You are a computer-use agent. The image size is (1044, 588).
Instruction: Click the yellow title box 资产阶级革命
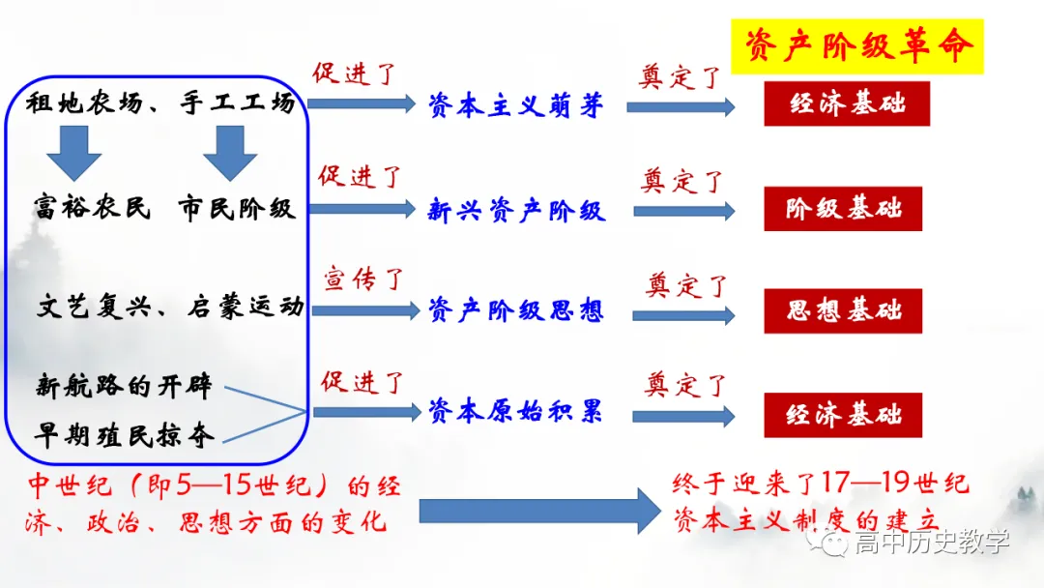pos(856,45)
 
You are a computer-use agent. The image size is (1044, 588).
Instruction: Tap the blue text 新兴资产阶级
pos(516,210)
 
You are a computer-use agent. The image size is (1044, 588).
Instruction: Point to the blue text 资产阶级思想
pos(516,310)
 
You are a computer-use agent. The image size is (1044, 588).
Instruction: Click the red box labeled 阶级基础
pos(843,209)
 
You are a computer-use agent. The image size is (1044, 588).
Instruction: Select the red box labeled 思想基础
pos(843,310)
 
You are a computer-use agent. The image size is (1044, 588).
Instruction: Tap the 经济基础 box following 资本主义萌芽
pos(847,104)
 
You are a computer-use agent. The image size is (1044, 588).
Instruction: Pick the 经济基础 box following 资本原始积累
pos(843,415)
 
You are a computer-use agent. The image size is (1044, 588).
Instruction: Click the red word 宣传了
pos(362,280)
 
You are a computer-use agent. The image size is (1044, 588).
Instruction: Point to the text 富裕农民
pos(93,208)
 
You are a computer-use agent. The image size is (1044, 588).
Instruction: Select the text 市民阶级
pos(236,208)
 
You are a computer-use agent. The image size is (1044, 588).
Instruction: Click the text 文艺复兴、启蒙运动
pos(170,308)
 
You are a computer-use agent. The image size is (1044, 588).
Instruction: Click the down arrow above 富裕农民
pos(74,153)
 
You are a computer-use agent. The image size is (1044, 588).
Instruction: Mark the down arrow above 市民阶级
pos(230,153)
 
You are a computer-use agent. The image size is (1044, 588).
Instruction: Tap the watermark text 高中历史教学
pos(930,543)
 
